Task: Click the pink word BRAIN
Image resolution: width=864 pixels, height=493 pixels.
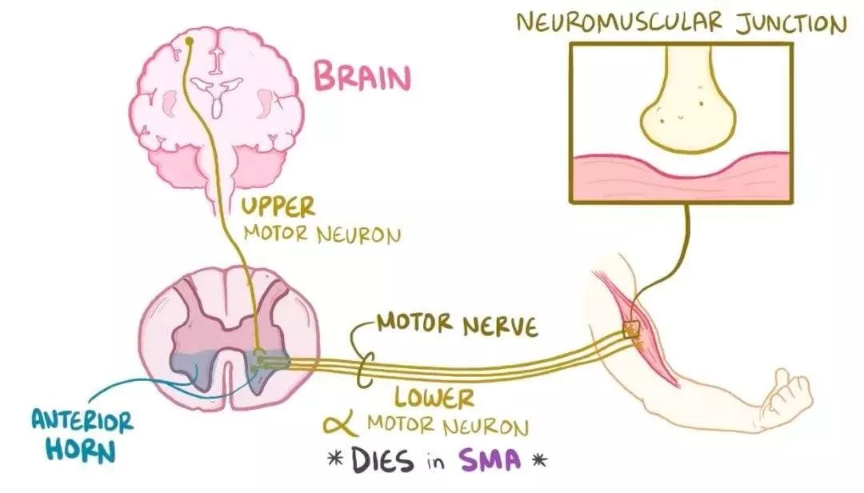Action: tap(362, 78)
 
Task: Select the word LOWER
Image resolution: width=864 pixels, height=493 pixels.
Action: tap(434, 397)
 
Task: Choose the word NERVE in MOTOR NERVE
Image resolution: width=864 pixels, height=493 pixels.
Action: tap(498, 326)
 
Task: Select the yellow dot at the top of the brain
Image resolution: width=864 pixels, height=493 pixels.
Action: tap(190, 40)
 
